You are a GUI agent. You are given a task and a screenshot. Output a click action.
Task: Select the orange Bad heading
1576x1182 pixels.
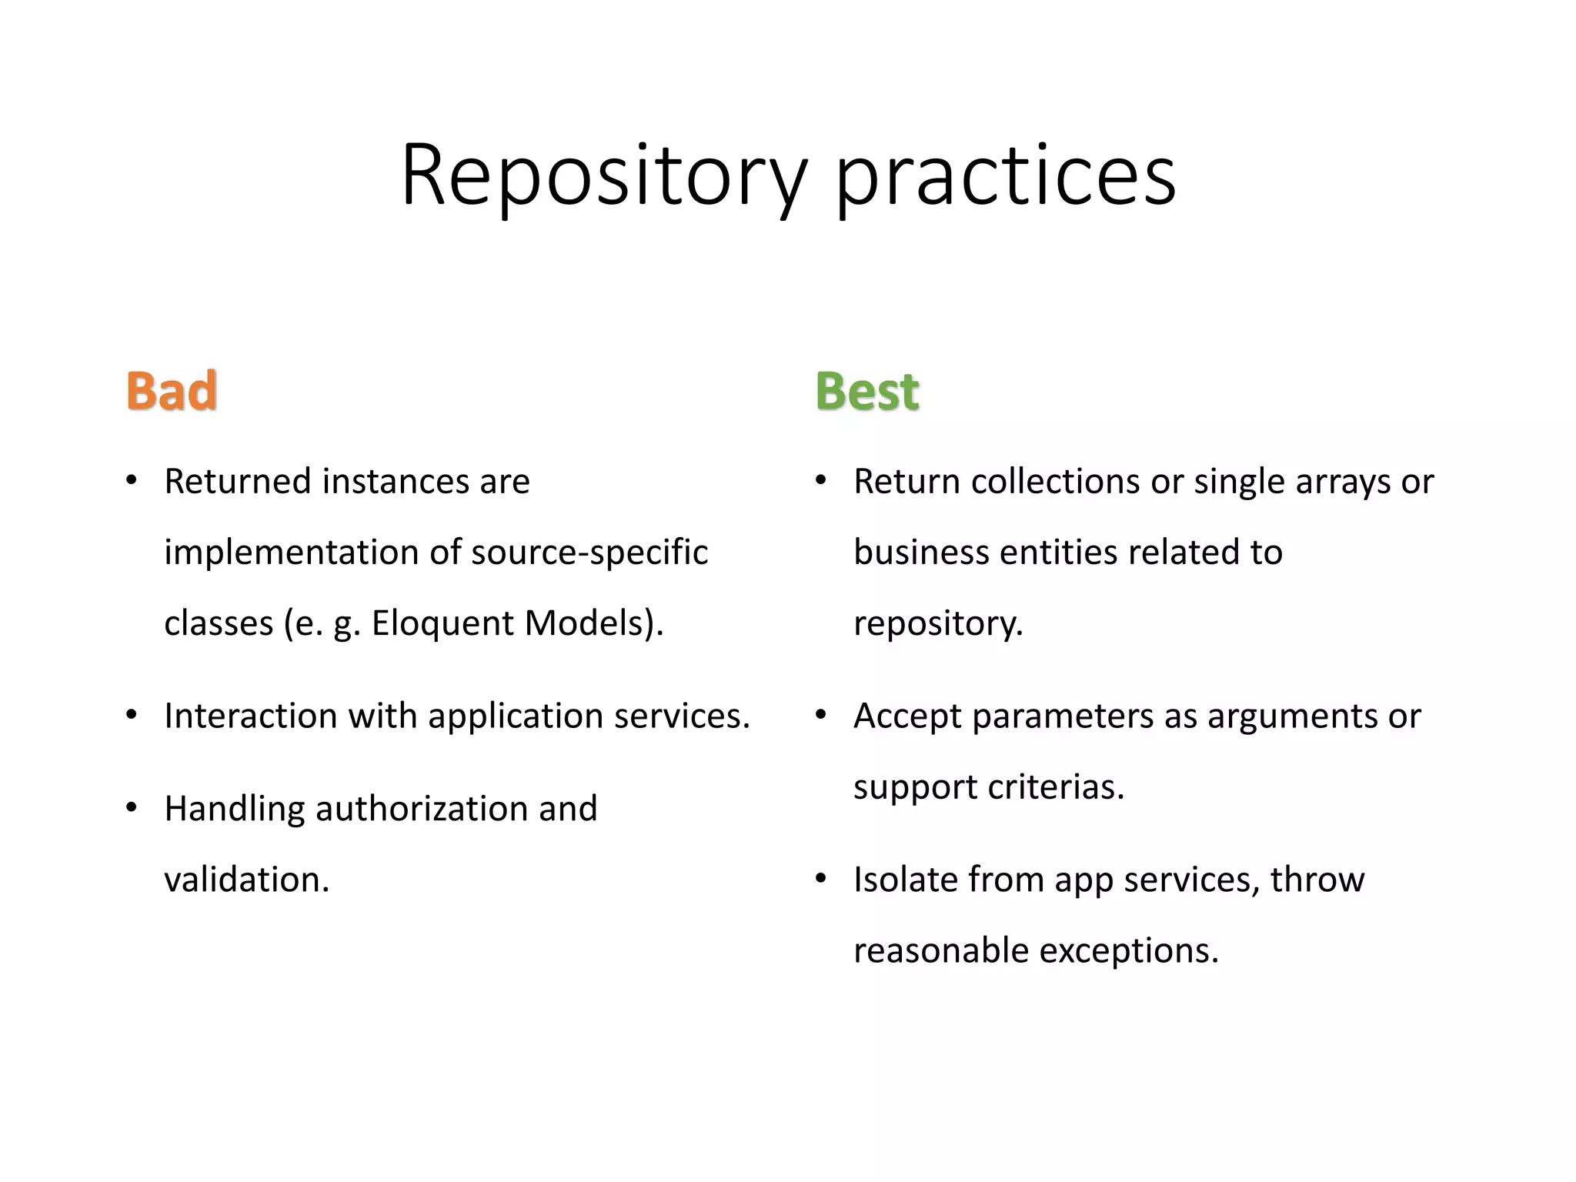point(172,391)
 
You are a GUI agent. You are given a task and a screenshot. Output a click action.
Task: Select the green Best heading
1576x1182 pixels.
point(867,391)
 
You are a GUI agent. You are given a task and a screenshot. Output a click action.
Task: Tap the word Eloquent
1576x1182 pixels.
point(442,623)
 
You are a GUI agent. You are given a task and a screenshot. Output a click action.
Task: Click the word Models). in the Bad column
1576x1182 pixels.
point(593,623)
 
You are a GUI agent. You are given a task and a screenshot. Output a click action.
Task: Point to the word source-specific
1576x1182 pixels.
point(589,553)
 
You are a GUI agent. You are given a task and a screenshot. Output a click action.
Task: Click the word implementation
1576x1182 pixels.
point(291,553)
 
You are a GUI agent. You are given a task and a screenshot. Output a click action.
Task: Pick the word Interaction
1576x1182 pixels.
point(251,716)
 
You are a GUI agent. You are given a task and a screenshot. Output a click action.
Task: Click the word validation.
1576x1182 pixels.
point(246,880)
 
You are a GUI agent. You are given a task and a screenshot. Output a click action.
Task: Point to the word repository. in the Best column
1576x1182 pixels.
point(938,624)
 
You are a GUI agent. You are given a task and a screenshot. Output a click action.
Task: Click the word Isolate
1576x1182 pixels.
point(905,880)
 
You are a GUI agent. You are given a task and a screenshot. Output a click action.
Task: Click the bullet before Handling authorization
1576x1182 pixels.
point(132,809)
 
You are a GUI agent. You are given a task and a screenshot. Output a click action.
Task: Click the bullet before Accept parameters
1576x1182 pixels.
point(821,716)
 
